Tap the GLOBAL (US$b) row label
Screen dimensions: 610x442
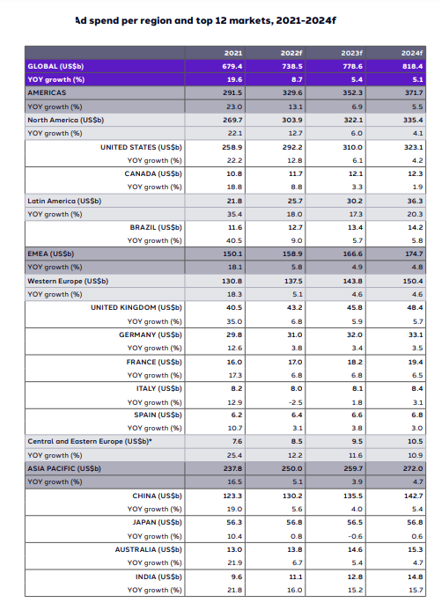(x=55, y=66)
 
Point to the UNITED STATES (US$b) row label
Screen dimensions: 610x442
(x=142, y=147)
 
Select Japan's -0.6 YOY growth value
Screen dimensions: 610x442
(x=352, y=535)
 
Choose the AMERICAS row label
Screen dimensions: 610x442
(x=49, y=92)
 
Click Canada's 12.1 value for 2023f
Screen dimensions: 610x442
(x=352, y=173)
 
